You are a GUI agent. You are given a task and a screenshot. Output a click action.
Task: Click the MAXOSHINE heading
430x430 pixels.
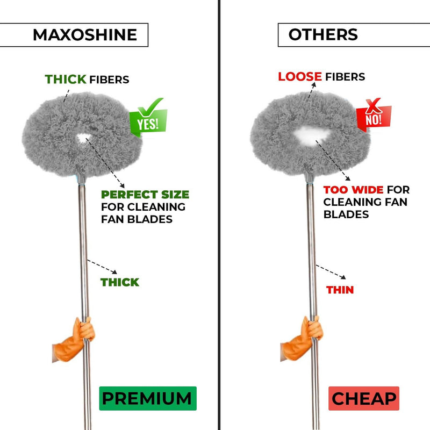[x=84, y=35]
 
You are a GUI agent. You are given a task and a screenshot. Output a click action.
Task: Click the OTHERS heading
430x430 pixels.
[x=323, y=34]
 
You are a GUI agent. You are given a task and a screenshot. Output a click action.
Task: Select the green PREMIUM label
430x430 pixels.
[x=147, y=398]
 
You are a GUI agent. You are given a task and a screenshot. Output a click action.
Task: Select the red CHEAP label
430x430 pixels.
[x=363, y=399]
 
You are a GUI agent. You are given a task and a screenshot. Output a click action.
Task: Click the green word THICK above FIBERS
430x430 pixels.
[x=66, y=80]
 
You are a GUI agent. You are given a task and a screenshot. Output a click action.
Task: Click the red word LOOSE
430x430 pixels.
[x=300, y=76]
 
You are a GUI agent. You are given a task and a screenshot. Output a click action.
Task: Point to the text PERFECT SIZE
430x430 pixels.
[x=145, y=195]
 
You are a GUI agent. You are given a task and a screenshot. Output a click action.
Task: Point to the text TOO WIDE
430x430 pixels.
[x=353, y=190]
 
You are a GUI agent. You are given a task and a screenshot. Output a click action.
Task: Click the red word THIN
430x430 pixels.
[x=340, y=290]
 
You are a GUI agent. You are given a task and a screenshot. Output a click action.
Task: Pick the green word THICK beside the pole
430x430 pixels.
[x=120, y=282]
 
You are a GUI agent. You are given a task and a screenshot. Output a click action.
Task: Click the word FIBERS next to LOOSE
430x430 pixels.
[x=345, y=76]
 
